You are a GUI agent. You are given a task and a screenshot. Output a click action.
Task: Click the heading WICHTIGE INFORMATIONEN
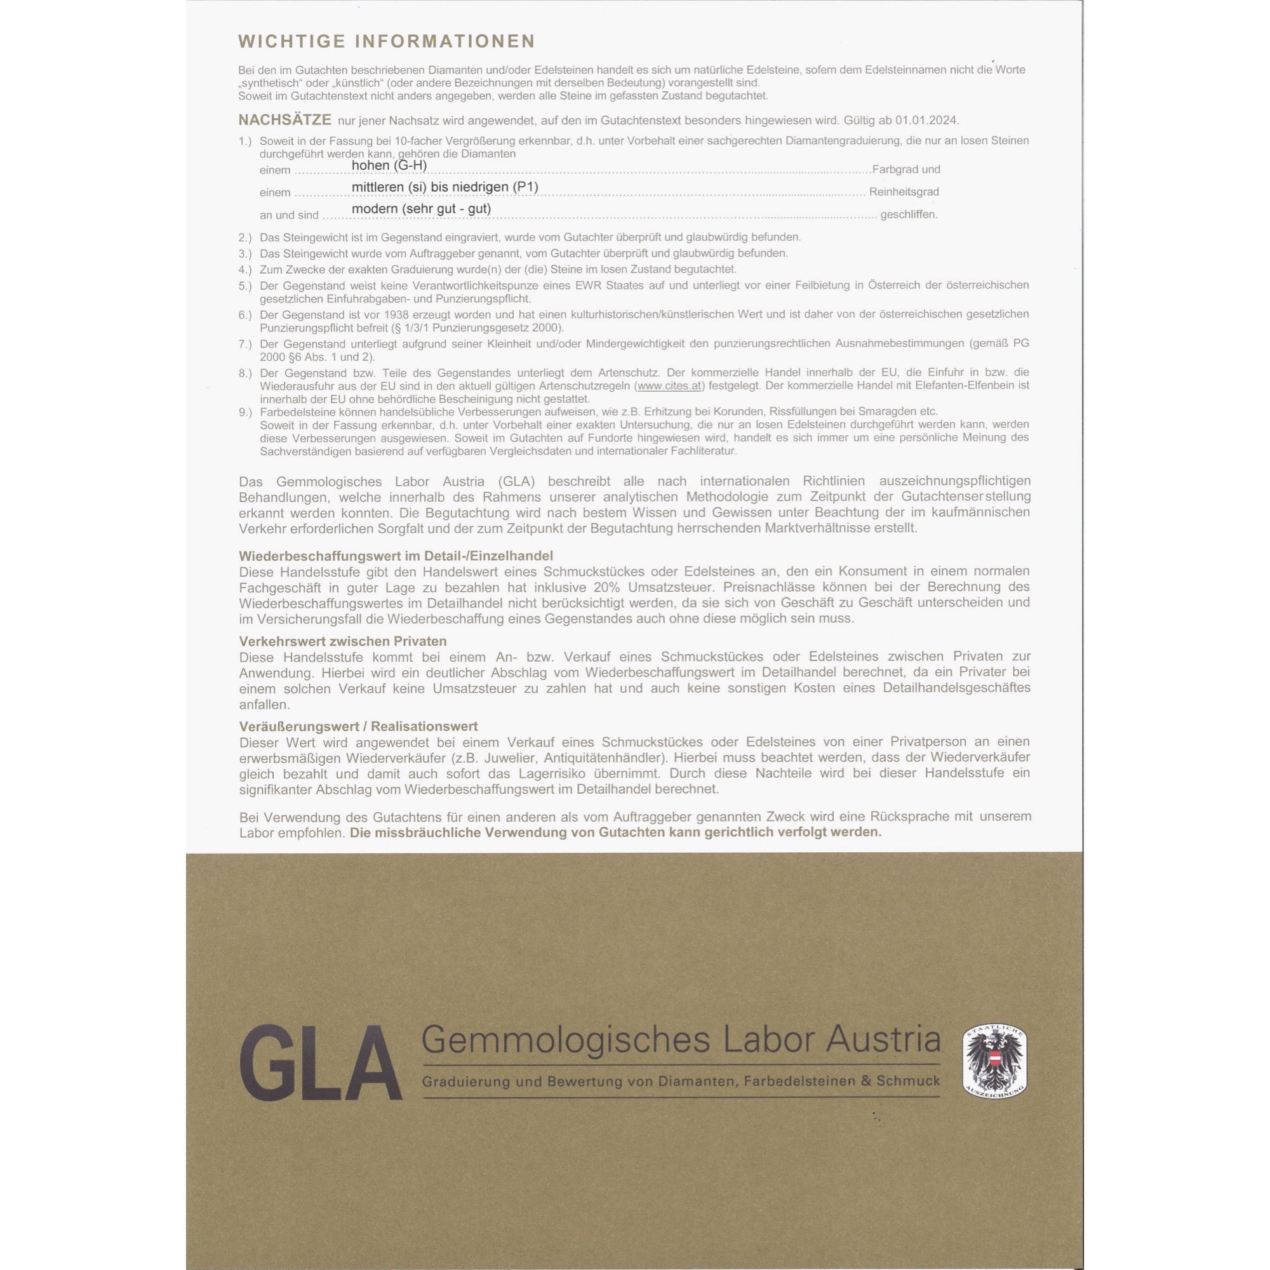387,41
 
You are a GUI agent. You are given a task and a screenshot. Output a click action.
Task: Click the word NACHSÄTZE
284,120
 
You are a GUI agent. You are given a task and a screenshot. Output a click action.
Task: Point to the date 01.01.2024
926,120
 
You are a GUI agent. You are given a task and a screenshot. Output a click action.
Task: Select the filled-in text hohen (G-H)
389,165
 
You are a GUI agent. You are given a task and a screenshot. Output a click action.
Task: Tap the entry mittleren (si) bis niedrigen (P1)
444,187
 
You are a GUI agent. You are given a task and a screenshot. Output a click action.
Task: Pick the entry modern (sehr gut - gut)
422,209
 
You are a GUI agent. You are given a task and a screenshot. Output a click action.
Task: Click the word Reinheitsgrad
904,192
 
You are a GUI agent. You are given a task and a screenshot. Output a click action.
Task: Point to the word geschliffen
909,214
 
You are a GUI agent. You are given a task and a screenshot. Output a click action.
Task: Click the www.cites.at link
669,386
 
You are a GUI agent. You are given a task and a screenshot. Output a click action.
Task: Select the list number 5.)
245,286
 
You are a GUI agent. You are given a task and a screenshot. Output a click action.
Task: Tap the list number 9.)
245,412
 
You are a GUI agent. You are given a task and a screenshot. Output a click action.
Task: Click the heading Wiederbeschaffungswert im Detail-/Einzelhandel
396,556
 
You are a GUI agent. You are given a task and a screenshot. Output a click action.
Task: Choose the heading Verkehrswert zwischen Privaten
342,641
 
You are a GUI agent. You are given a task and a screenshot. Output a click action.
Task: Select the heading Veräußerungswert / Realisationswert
358,726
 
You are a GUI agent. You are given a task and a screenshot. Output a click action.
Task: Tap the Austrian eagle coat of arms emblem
994,1060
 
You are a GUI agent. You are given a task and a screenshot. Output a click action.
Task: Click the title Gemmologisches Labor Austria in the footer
680,1040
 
